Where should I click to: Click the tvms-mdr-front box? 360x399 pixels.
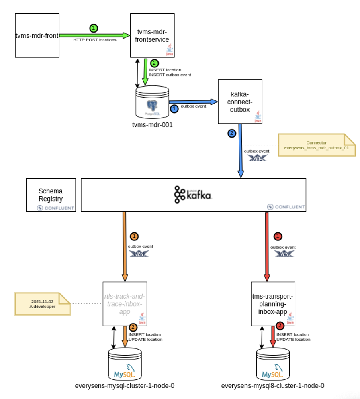click(37, 35)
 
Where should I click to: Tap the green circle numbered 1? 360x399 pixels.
click(94, 28)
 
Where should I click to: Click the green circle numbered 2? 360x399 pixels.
click(154, 63)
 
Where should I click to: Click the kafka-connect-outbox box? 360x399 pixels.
click(240, 102)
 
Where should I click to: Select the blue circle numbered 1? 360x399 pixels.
click(174, 108)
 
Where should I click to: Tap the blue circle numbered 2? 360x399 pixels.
click(231, 133)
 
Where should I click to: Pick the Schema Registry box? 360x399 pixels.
click(51, 195)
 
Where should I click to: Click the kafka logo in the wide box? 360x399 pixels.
click(193, 194)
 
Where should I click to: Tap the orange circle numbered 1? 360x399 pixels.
click(135, 236)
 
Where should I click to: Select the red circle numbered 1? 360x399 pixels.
click(277, 236)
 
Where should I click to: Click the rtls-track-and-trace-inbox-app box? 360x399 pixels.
click(125, 303)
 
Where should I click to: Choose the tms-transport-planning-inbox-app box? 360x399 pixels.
click(273, 303)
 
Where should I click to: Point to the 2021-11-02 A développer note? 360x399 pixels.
click(42, 303)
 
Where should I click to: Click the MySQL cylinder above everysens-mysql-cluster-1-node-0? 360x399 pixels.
click(125, 364)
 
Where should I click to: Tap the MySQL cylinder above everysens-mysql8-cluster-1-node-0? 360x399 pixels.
click(273, 364)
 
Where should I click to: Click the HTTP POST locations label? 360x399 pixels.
click(95, 40)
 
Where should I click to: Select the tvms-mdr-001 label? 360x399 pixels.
click(152, 125)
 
